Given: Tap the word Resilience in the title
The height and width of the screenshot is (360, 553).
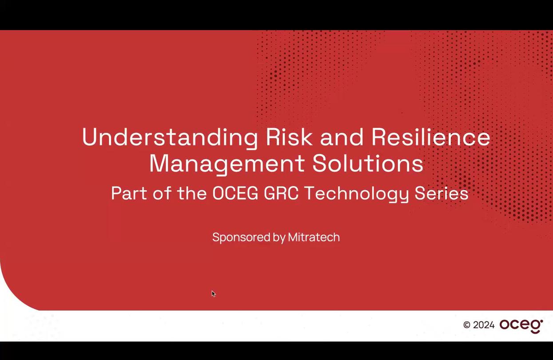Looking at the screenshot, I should click(x=431, y=137).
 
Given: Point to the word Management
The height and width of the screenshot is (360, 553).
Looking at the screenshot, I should click(x=227, y=164).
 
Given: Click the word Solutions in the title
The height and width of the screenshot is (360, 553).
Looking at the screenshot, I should click(x=368, y=163).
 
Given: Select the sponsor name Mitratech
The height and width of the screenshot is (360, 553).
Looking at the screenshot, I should click(x=314, y=237).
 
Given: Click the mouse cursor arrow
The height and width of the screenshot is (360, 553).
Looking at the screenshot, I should click(x=213, y=293).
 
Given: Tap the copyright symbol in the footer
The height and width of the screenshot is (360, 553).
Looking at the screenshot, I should click(x=466, y=325).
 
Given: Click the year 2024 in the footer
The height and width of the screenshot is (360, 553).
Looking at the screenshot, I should click(x=484, y=325).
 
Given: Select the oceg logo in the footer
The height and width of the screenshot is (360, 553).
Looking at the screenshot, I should click(x=521, y=325).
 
